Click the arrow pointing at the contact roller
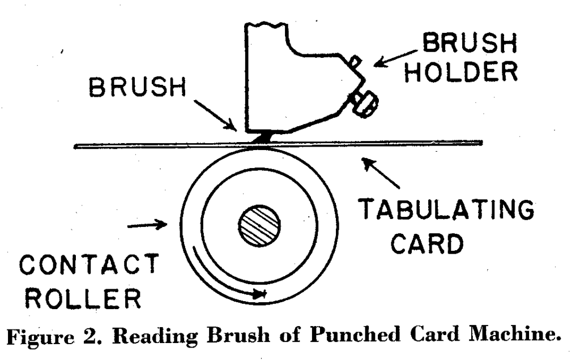[x=147, y=226]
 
